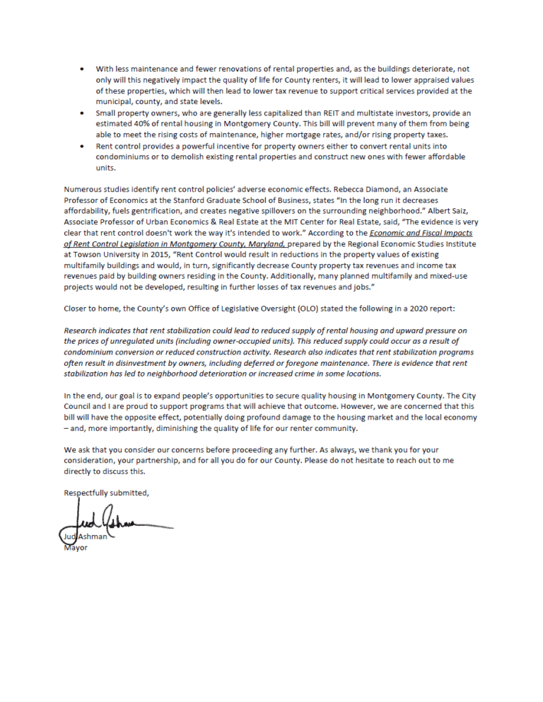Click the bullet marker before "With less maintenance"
(x=83, y=69)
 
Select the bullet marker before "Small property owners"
(x=83, y=113)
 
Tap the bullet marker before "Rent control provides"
(x=83, y=145)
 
